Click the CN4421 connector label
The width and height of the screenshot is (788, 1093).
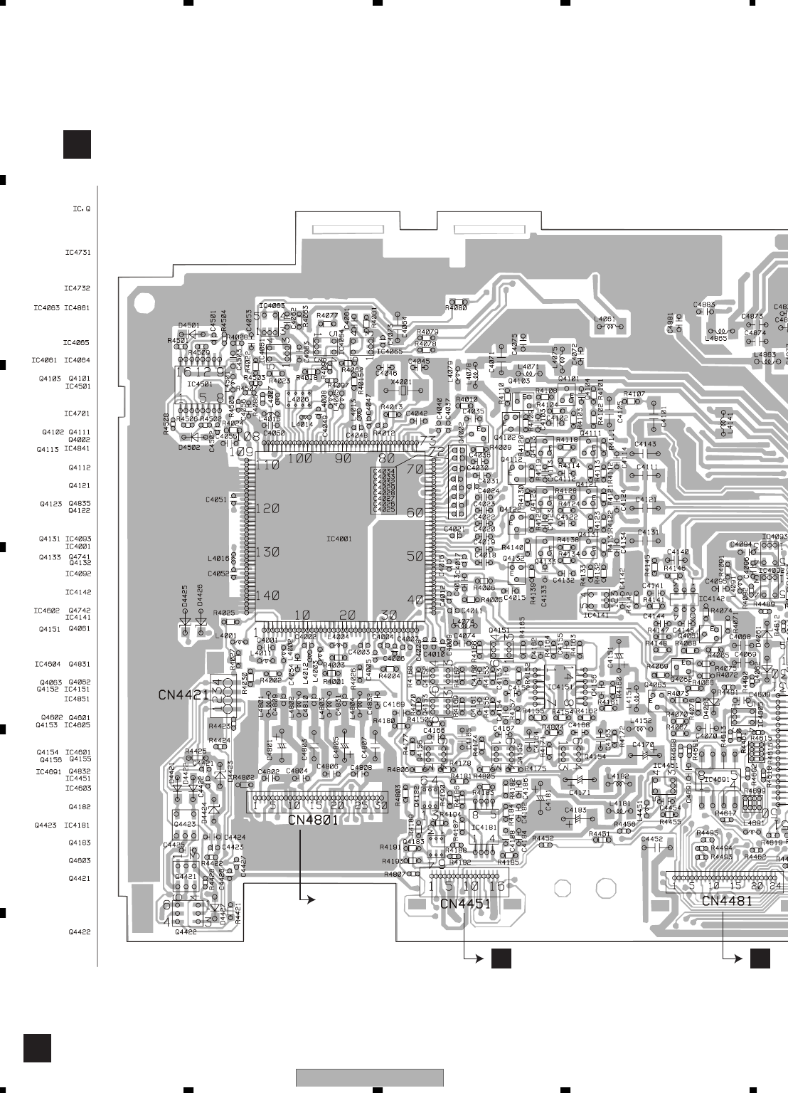[183, 695]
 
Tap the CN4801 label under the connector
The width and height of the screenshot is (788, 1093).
[314, 820]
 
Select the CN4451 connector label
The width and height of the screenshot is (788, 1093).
[465, 904]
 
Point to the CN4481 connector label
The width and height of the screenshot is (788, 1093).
[727, 901]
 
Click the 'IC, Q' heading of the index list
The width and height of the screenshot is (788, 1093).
[81, 209]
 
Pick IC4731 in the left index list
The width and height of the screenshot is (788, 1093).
[77, 253]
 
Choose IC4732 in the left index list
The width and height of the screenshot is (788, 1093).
[77, 288]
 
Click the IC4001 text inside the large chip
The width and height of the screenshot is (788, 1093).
[339, 539]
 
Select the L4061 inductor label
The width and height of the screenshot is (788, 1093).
[605, 320]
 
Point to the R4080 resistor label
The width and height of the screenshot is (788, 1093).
[456, 308]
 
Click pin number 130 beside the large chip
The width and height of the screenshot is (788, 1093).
[267, 552]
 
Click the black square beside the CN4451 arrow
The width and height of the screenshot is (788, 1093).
[501, 959]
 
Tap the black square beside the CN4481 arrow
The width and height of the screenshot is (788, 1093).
[760, 959]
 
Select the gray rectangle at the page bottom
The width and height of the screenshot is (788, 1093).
[370, 1077]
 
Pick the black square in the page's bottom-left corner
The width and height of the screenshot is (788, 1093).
[37, 1048]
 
